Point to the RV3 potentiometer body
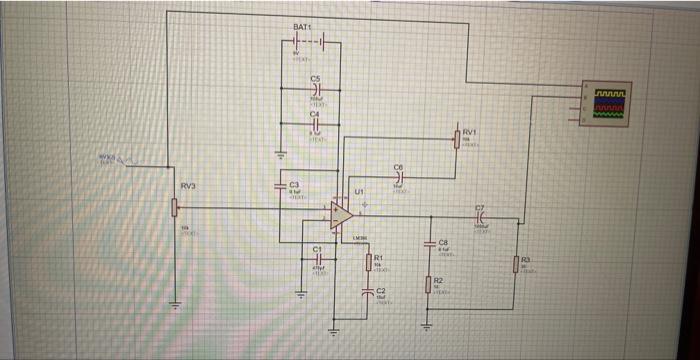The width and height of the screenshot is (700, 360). tap(176, 207)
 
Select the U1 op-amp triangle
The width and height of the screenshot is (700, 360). tap(341, 212)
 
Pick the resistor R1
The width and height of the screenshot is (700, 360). tap(369, 262)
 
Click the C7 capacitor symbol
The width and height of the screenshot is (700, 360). tap(482, 216)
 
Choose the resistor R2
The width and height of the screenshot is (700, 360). tap(428, 286)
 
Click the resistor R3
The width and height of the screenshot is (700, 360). tap(517, 264)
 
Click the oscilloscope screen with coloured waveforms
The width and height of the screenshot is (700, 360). tap(609, 103)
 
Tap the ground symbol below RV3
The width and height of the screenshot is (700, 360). tap(176, 305)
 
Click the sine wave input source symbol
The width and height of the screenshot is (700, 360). tap(125, 166)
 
